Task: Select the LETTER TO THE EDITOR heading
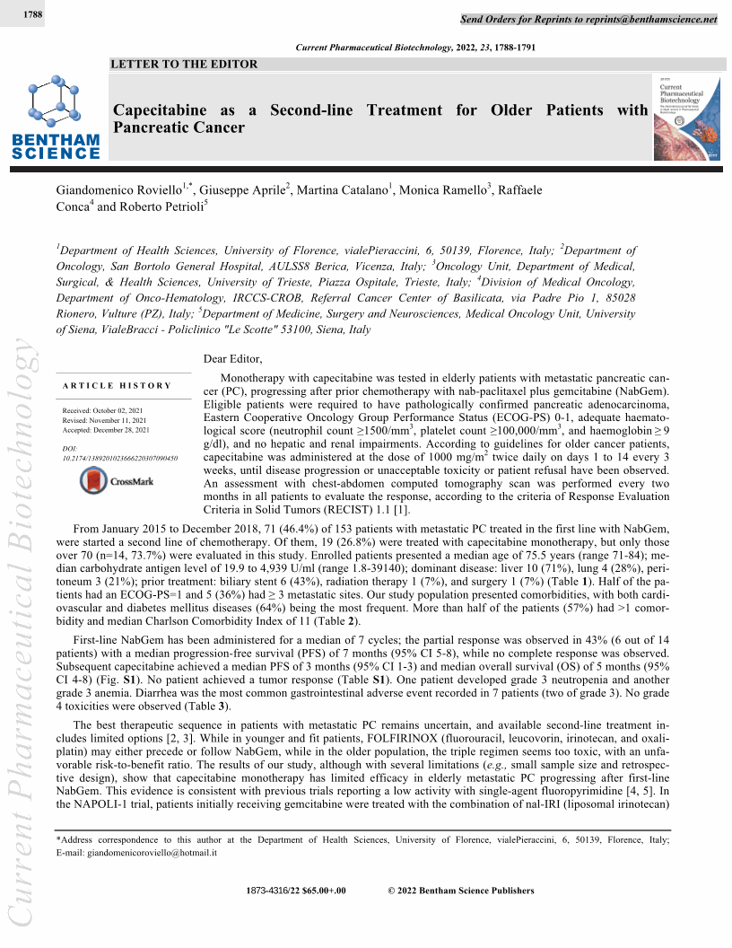[184, 64]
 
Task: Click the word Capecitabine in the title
[159, 110]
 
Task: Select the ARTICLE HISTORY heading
[117, 386]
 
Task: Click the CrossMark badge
[117, 481]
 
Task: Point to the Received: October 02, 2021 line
[105, 411]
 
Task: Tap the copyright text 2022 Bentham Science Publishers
[460, 891]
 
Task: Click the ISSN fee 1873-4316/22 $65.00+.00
[295, 891]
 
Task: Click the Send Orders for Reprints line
[588, 19]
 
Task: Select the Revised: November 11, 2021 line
[106, 420]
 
